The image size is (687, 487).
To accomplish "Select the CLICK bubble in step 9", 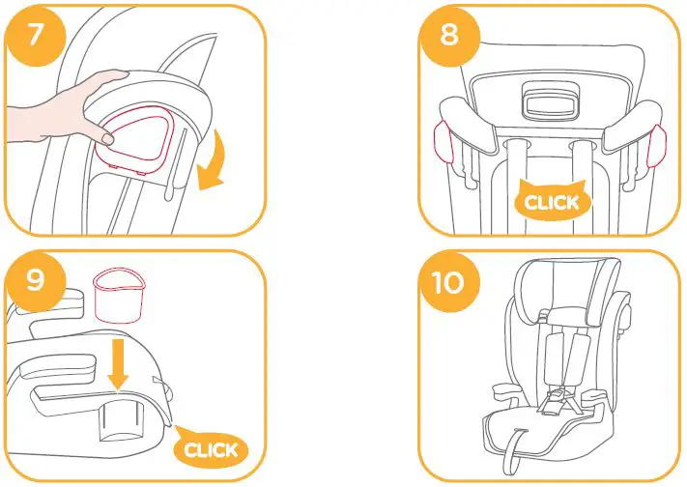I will [210, 447].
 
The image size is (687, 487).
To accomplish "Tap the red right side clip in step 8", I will [659, 142].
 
